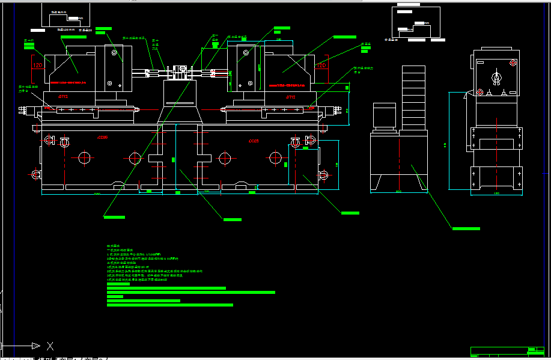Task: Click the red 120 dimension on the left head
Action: point(37,65)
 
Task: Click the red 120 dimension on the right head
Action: point(321,65)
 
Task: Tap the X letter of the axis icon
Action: point(50,346)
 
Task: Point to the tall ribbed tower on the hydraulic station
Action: point(413,97)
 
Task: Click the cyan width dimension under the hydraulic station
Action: point(398,192)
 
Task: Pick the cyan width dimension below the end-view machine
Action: point(496,194)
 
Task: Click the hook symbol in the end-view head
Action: point(496,78)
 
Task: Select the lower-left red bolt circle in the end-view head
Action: point(480,91)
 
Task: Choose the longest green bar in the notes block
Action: point(190,293)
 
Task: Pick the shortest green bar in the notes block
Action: point(115,297)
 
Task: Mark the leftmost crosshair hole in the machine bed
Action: point(84,158)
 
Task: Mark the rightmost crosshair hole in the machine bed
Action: point(275,158)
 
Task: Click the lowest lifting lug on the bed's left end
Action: point(36,174)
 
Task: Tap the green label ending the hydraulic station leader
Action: point(466,228)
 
